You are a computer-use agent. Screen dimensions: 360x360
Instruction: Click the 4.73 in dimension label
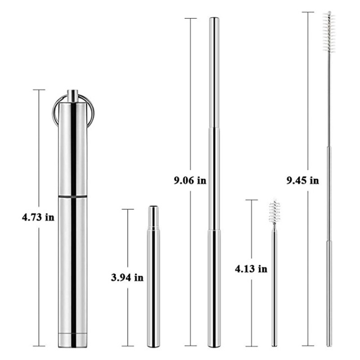(38, 217)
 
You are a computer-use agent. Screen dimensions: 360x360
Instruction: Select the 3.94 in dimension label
(127, 278)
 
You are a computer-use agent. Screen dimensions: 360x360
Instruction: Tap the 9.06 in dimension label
(190, 181)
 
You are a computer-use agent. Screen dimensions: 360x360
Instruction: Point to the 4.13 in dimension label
(251, 269)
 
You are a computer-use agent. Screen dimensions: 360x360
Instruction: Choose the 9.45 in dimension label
(303, 181)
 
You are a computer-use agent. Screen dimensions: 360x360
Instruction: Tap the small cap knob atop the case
(73, 96)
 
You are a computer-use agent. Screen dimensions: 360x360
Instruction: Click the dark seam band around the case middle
(73, 196)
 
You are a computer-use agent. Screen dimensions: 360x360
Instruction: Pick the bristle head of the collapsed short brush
(274, 211)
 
